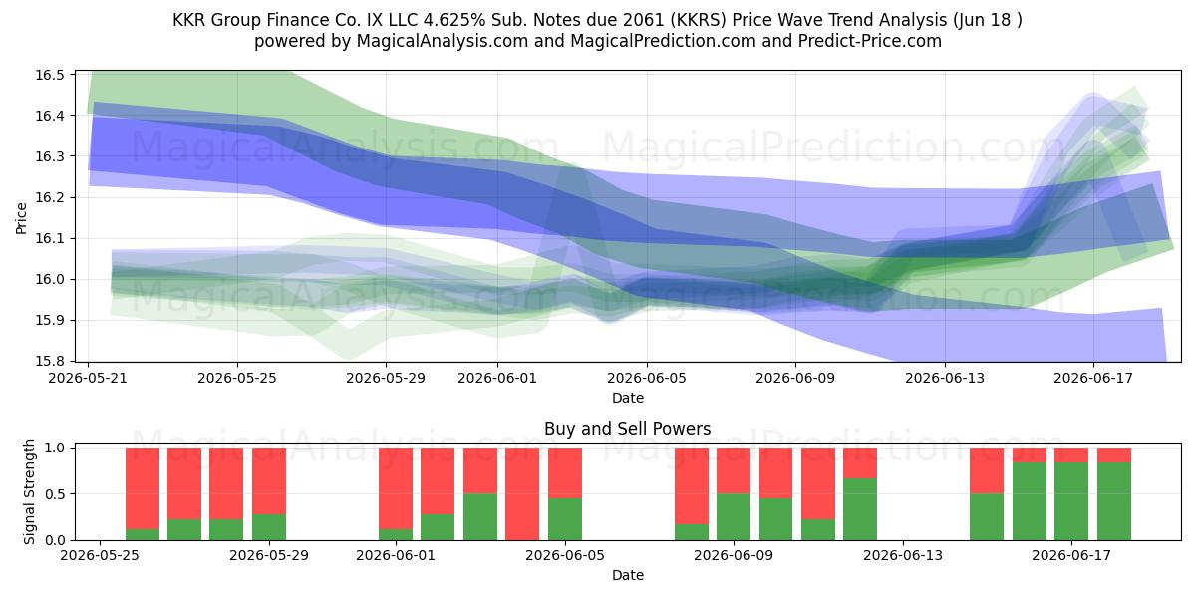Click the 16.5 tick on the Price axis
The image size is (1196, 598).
49,75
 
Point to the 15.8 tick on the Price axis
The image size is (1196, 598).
49,362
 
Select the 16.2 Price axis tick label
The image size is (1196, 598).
49,197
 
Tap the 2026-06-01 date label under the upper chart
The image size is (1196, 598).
497,378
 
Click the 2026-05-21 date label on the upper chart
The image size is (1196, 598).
88,378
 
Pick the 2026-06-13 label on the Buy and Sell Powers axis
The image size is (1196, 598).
903,556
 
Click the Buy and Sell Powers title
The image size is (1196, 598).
627,429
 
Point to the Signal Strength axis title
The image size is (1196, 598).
29,491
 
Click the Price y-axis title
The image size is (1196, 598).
21,218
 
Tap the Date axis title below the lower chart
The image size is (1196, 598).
627,575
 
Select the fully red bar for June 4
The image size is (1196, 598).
522,494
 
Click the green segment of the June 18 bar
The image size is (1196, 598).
1114,501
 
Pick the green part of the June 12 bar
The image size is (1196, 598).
860,509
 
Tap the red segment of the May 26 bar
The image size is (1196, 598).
142,488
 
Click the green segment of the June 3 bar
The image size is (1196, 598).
480,517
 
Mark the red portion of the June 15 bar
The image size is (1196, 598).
1030,454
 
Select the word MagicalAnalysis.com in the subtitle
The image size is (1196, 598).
443,41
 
